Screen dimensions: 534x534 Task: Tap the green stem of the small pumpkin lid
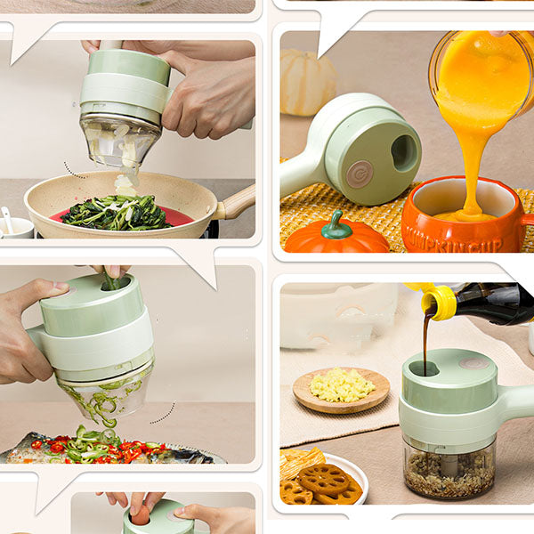coord(336,223)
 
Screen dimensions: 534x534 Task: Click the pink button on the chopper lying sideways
coord(360,174)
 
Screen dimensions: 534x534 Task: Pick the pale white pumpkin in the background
coord(308,82)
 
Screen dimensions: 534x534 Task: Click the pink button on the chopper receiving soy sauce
coord(473,362)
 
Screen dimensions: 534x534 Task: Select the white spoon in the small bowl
coord(7,218)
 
